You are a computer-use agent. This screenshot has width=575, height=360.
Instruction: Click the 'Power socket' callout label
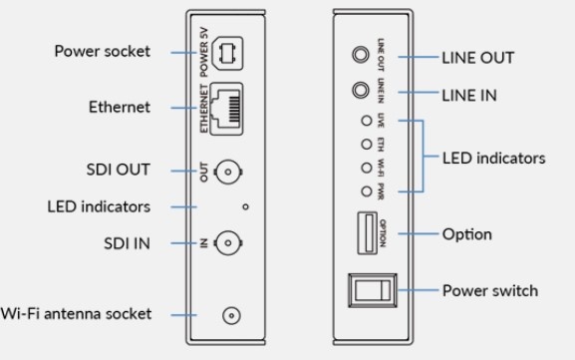tap(102, 51)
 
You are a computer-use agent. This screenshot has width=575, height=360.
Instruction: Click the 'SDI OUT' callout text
tap(118, 170)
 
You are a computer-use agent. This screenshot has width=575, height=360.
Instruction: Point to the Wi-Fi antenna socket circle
tap(231, 316)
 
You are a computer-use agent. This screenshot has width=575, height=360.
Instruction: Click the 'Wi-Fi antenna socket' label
tap(77, 313)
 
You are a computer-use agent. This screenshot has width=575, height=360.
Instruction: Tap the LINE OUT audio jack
tap(358, 56)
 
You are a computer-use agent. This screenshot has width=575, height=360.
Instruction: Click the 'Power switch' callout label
tap(489, 291)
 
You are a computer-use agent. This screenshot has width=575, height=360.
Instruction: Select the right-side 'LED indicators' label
tap(494, 158)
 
